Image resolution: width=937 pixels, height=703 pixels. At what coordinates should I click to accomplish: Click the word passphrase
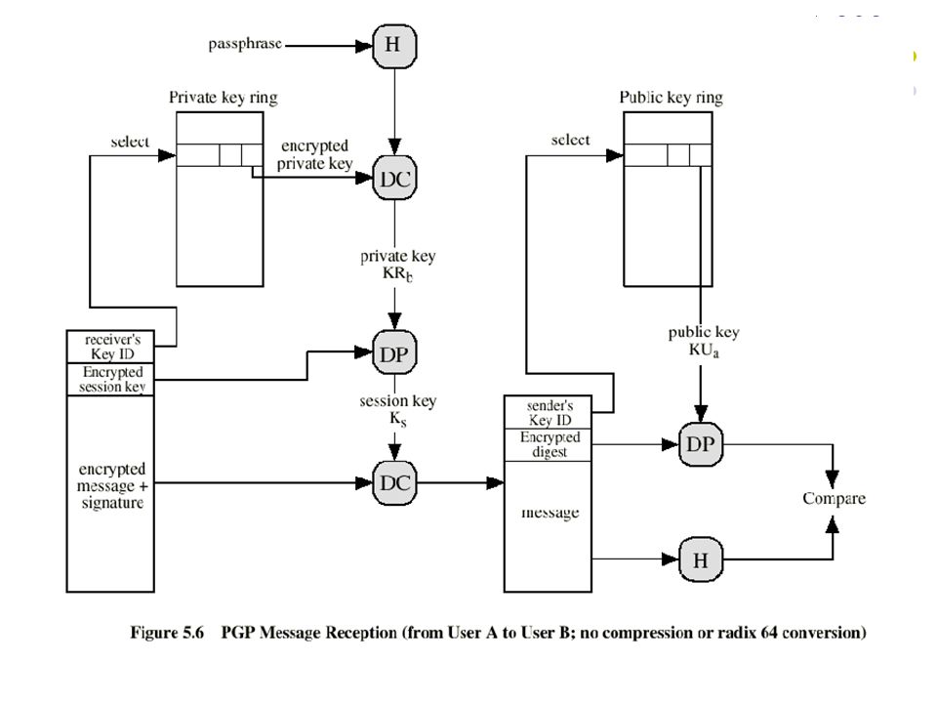click(x=245, y=44)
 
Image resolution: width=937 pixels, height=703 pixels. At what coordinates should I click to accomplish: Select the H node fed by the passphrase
click(x=394, y=46)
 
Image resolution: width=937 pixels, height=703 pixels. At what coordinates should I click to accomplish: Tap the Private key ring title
click(x=223, y=98)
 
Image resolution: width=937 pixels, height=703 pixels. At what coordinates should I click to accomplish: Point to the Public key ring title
click(x=671, y=98)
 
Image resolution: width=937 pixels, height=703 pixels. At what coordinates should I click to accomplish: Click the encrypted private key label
click(x=314, y=155)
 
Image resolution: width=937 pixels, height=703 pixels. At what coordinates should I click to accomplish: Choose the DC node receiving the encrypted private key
click(x=394, y=178)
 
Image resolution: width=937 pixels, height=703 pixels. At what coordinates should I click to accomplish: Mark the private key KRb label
click(x=397, y=265)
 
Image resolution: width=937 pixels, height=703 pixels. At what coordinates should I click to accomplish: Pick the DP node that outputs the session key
click(x=394, y=352)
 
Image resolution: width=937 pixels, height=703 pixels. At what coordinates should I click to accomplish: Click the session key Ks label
click(x=397, y=409)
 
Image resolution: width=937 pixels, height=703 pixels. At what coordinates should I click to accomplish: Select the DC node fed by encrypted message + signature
click(x=394, y=482)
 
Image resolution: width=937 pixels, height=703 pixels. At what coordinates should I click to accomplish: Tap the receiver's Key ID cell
click(x=110, y=347)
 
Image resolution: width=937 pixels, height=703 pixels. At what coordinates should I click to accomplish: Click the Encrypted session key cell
click(x=110, y=379)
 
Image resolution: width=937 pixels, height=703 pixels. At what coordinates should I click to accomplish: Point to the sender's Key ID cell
click(x=548, y=412)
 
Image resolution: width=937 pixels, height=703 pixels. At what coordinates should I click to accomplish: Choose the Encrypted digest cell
click(x=548, y=445)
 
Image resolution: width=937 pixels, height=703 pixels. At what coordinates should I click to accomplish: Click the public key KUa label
click(x=704, y=342)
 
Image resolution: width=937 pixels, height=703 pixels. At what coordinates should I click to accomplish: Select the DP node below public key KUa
click(x=701, y=444)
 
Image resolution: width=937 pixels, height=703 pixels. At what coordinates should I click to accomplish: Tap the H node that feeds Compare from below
click(x=701, y=558)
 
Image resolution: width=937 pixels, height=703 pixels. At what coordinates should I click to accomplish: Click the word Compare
click(x=834, y=499)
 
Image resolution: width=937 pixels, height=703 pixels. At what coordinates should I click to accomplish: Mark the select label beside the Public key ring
click(x=570, y=140)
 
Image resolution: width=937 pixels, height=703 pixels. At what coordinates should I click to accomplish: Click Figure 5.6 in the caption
click(x=167, y=633)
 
